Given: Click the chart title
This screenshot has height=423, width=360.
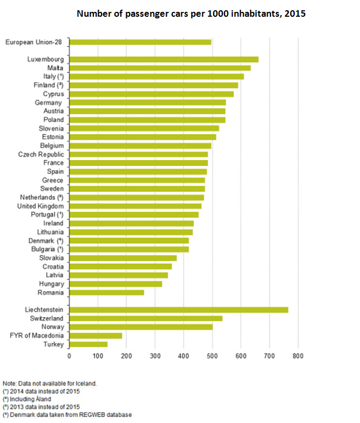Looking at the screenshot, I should pos(191,14).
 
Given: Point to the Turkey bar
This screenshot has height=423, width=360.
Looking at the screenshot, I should pos(89,344).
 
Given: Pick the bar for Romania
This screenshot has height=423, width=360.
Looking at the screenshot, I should pos(107,292).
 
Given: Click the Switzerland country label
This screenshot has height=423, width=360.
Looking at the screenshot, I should pos(46,318).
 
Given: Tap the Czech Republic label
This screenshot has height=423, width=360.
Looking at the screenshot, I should pos(41,155).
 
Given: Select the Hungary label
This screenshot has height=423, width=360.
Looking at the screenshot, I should pos(51,284).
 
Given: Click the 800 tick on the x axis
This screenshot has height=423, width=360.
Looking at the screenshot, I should pos(298,357).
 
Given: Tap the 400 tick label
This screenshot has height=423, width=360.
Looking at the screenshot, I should pos(184,357).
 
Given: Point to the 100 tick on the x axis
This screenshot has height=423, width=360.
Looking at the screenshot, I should pos(98,357).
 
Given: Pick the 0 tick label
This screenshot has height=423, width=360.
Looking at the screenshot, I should pos(69,357).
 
